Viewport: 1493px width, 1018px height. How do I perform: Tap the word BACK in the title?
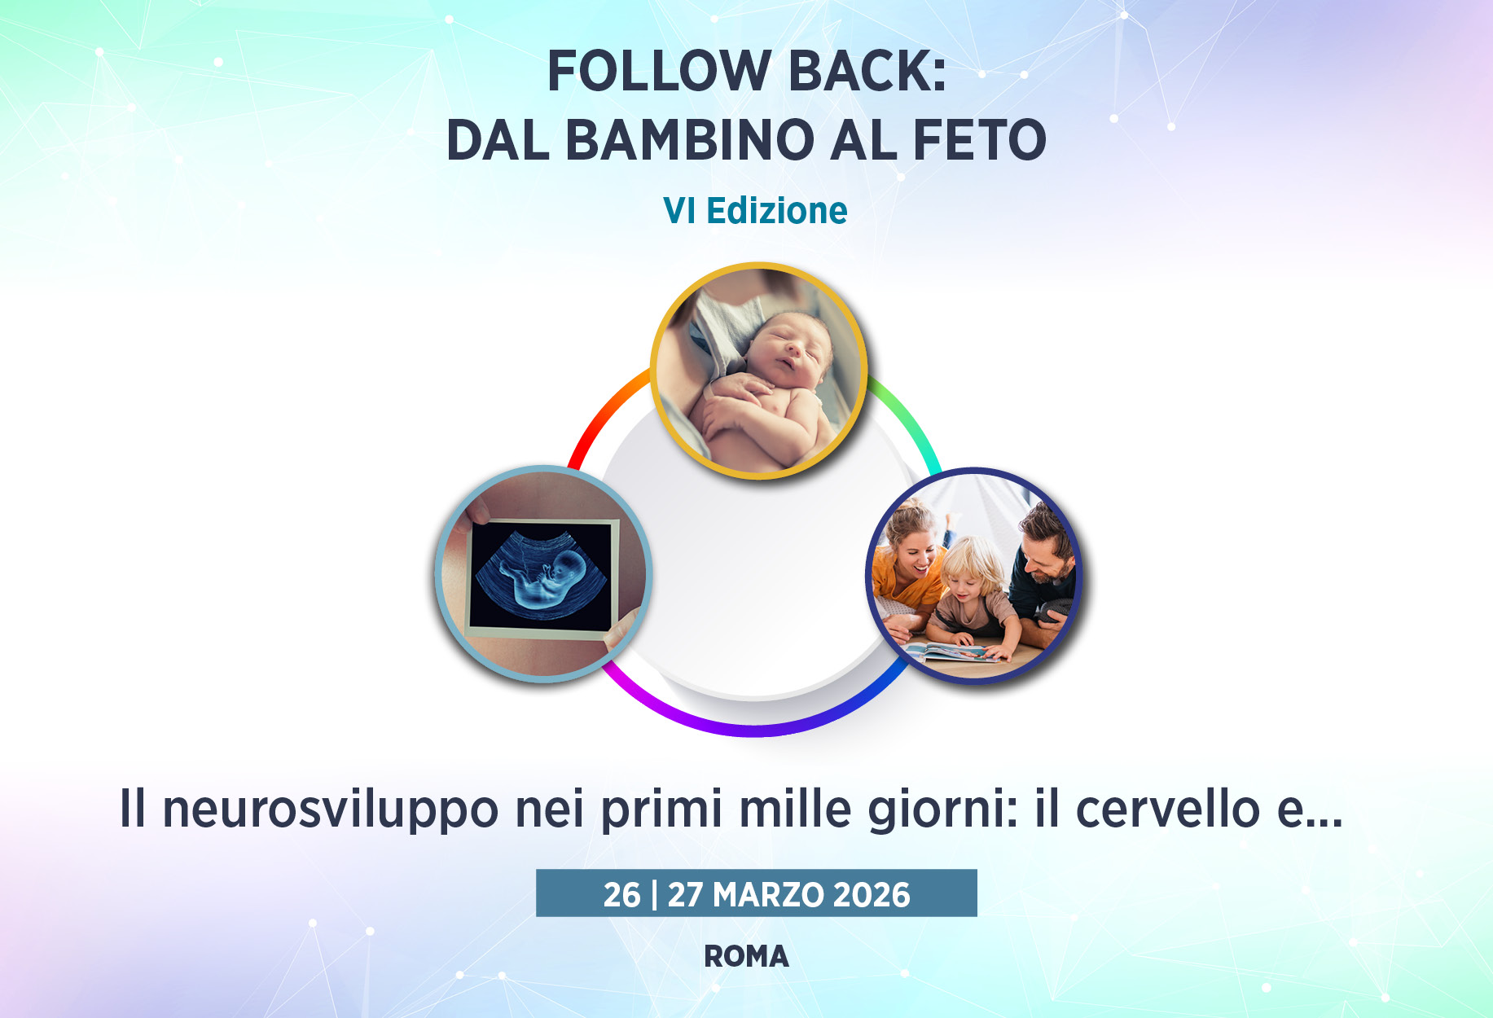[x=861, y=71]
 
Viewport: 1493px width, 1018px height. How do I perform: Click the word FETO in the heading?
[x=980, y=140]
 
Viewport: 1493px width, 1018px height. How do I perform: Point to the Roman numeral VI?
[x=679, y=211]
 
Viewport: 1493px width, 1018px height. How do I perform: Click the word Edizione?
[x=777, y=211]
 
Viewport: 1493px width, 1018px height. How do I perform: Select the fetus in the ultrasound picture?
[x=543, y=575]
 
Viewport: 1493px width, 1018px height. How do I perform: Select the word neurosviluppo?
[x=331, y=810]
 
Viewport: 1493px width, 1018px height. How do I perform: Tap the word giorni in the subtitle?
[x=943, y=810]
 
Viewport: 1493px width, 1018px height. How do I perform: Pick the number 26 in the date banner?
[x=622, y=895]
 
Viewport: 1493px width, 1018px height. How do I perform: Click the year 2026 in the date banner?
[x=872, y=895]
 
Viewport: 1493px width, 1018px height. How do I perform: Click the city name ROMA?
[x=747, y=957]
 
